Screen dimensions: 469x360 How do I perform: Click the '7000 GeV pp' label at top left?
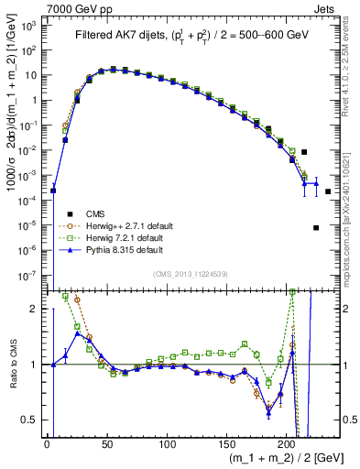click(33, 6)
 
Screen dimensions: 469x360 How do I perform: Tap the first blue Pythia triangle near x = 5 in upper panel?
click(53, 191)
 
